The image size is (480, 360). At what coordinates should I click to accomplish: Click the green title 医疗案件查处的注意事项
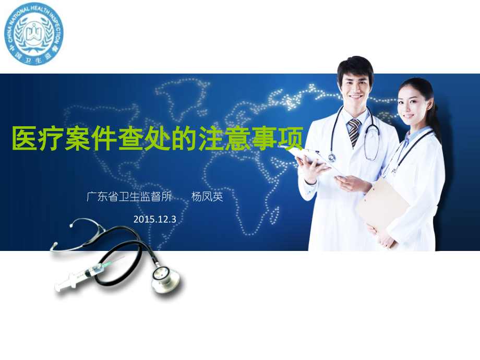(x=157, y=139)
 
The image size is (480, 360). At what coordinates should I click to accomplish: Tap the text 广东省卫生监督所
(x=129, y=197)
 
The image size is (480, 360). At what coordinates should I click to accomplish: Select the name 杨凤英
(x=207, y=197)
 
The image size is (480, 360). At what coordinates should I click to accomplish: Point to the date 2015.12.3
(x=155, y=219)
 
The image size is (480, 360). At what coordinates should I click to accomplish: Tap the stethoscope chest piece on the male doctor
(x=332, y=157)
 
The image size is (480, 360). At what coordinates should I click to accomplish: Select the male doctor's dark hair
(x=355, y=65)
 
